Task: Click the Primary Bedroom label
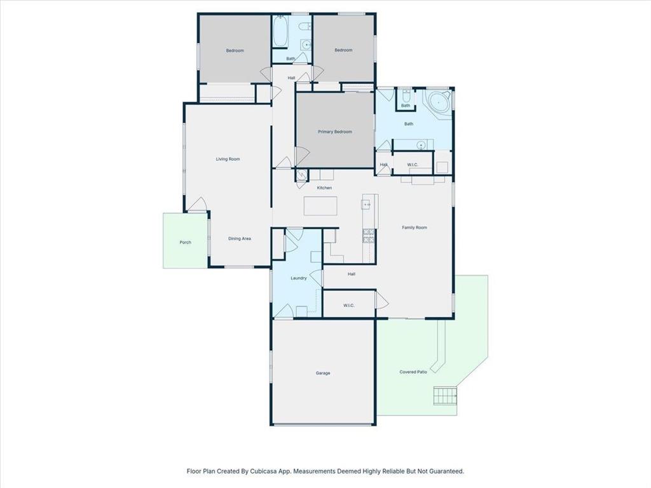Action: (335, 132)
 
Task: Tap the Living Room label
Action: (228, 159)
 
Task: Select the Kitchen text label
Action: (324, 187)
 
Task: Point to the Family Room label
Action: (414, 227)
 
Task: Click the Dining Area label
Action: (240, 238)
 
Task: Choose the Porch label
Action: (185, 242)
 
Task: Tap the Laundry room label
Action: (299, 278)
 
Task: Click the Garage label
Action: (323, 373)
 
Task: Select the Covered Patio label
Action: (413, 372)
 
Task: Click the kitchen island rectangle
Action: (320, 207)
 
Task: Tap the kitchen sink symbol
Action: (367, 204)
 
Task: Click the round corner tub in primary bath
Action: (439, 102)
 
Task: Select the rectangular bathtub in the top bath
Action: (280, 31)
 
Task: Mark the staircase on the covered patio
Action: (445, 395)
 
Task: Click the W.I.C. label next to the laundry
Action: (348, 305)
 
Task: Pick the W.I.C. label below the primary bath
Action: (412, 165)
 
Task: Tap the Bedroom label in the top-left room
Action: (235, 50)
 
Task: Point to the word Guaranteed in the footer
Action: (444, 471)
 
